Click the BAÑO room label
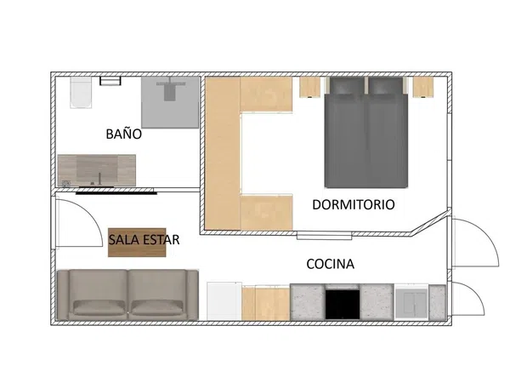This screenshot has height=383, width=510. tap(123, 134)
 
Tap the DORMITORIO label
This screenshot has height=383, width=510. tap(354, 204)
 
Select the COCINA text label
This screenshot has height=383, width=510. tap(330, 264)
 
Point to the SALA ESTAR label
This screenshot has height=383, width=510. tap(144, 240)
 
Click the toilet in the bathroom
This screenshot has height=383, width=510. tap(81, 93)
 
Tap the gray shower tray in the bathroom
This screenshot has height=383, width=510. tap(170, 102)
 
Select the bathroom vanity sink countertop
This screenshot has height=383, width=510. tap(97, 170)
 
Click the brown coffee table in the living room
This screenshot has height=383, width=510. tap(137, 243)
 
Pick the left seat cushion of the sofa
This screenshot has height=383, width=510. tap(99, 307)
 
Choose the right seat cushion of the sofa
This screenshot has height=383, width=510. tap(157, 307)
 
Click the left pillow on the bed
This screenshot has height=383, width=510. tap(347, 85)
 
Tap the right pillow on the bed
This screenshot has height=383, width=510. tap(386, 85)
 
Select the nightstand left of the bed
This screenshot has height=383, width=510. tap(310, 87)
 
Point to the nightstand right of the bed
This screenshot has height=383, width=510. tap(423, 87)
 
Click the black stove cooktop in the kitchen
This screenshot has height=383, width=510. tap(343, 305)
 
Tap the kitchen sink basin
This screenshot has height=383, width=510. tap(411, 303)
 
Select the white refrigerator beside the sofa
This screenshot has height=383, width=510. tap(224, 301)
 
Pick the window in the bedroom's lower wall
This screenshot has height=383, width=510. tap(325, 236)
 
